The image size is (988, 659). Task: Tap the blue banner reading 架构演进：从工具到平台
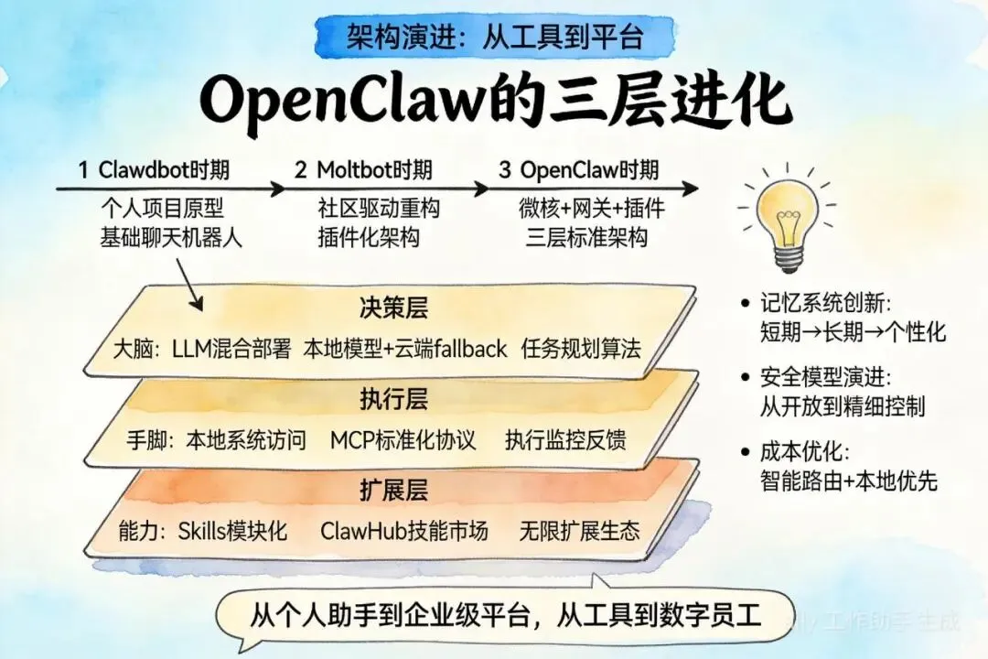point(495,38)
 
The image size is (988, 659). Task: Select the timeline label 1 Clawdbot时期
point(154,169)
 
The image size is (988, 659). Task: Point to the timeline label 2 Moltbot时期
point(363,169)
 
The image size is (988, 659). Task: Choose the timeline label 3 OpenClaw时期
point(578,169)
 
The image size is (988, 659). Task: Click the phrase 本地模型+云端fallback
point(404,349)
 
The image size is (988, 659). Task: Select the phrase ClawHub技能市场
point(403,531)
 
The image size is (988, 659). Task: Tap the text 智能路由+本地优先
point(849,481)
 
